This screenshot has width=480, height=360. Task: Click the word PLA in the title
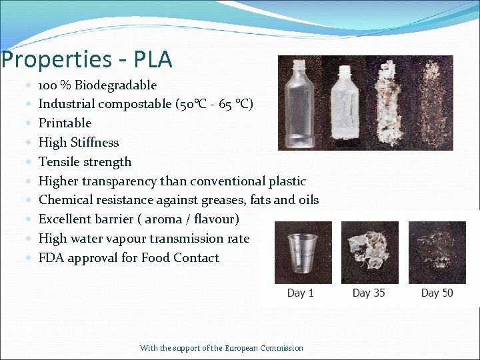[153, 60]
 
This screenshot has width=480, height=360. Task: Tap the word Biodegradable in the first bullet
[116, 85]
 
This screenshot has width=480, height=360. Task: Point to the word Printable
[65, 123]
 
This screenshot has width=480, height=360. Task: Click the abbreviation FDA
[51, 258]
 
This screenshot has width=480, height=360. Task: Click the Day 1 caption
[300, 293]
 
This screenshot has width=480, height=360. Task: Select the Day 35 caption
[369, 293]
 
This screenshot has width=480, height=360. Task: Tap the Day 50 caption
[437, 293]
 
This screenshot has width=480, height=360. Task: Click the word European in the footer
[244, 348]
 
